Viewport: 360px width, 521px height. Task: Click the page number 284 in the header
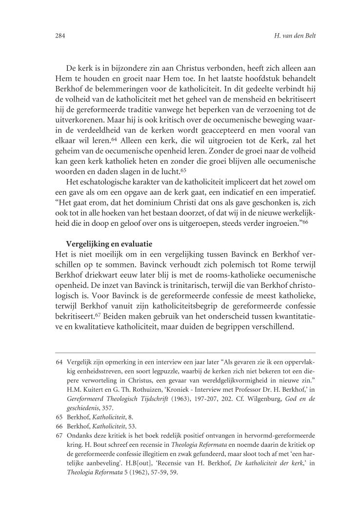click(x=60, y=36)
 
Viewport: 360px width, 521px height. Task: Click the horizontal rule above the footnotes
click(x=185, y=352)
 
